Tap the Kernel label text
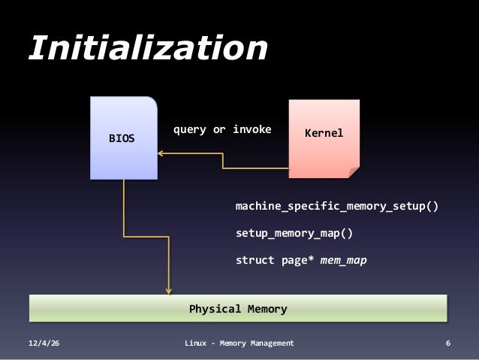[324, 133]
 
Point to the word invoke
[252, 129]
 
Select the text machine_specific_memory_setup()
[336, 205]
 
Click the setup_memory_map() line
[294, 233]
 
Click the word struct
[255, 261]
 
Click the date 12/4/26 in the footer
[44, 343]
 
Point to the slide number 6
[448, 343]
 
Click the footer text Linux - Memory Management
[239, 343]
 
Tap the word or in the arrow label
[219, 129]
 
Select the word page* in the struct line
[297, 261]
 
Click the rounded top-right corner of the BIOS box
[152, 102]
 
